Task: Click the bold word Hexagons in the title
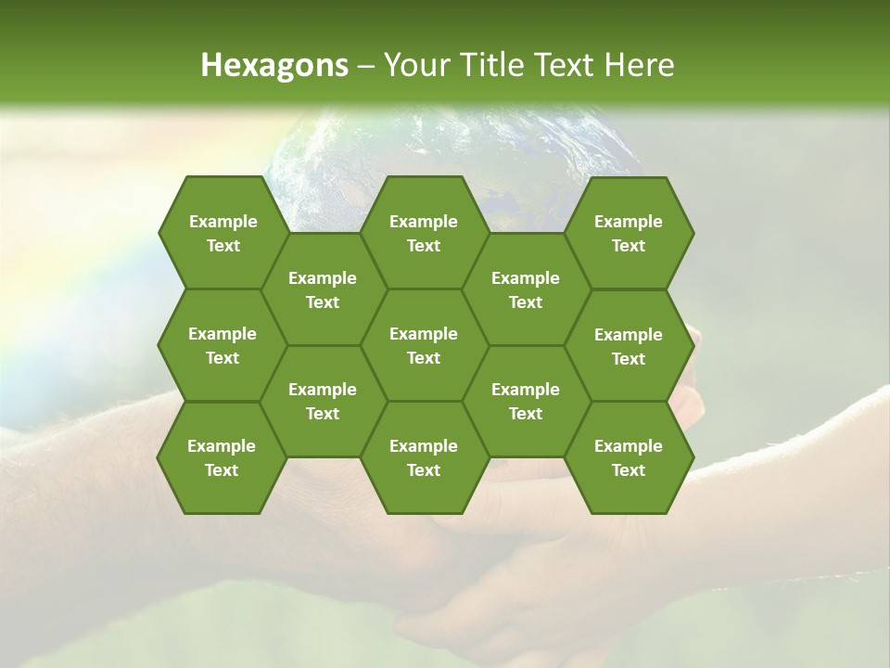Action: [274, 65]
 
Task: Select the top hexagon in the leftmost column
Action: [222, 233]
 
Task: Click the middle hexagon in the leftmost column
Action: [222, 345]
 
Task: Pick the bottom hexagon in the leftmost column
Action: [222, 457]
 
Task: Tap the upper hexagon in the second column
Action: [323, 289]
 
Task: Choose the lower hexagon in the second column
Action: [323, 401]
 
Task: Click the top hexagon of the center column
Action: [424, 233]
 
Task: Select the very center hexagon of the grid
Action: [424, 345]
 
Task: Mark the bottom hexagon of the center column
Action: [424, 457]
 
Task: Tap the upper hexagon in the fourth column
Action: [526, 289]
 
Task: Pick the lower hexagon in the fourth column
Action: [526, 401]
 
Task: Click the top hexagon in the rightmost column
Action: [629, 233]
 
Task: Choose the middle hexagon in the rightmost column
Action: [629, 346]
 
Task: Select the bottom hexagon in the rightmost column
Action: [629, 457]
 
